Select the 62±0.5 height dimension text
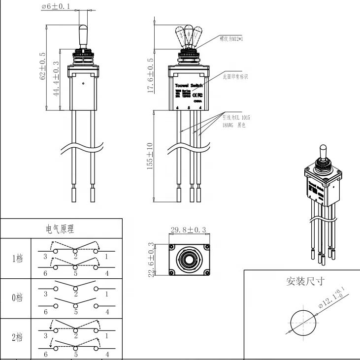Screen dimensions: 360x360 pos(43,66)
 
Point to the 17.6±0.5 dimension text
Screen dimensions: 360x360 pos(151,75)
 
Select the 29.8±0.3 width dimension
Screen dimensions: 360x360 pos(189,230)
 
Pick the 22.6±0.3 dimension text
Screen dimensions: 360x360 pos(151,260)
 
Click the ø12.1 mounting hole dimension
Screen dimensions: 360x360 pos(325,300)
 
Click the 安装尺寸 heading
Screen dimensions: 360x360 pos(305,281)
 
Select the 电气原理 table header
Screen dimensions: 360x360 pos(61,229)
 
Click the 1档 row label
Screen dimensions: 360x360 pos(17,258)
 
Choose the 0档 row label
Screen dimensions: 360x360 pos(17,298)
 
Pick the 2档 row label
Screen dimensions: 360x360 pos(17,338)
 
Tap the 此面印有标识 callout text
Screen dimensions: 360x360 pos(235,77)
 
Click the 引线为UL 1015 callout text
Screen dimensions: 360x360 pos(236,118)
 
